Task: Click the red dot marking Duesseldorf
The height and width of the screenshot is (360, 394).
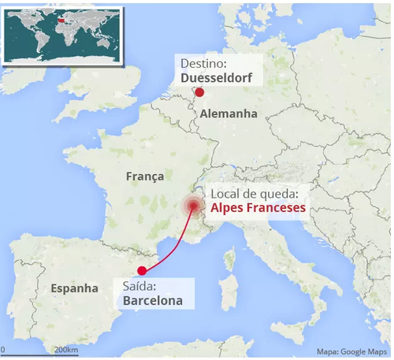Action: pyautogui.click(x=199, y=92)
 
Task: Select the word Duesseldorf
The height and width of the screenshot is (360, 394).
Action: pyautogui.click(x=217, y=78)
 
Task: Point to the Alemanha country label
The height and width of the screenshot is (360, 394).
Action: pyautogui.click(x=229, y=114)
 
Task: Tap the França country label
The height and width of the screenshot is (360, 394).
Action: pyautogui.click(x=145, y=177)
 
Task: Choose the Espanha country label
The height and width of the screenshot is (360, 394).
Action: pyautogui.click(x=75, y=288)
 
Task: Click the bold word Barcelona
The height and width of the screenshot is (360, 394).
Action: pyautogui.click(x=153, y=300)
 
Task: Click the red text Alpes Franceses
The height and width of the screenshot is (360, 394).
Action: pyautogui.click(x=258, y=208)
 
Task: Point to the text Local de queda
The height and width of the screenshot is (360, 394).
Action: pyautogui.click(x=253, y=193)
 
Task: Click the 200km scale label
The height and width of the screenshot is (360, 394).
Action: pyautogui.click(x=65, y=350)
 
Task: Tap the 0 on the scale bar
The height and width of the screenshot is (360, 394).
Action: pyautogui.click(x=3, y=350)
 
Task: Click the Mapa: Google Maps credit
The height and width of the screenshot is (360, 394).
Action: pyautogui.click(x=352, y=351)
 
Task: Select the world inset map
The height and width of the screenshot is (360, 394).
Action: pyautogui.click(x=62, y=35)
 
